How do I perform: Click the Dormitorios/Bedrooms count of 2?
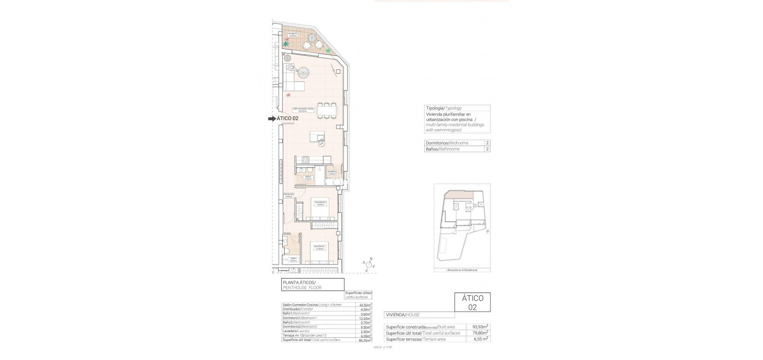click(487, 143)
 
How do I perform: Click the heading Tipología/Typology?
click(443, 108)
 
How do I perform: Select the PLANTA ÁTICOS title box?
click(313, 285)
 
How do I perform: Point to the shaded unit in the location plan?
click(459, 195)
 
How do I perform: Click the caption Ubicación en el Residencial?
click(462, 270)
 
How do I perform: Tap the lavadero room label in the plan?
click(331, 172)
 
